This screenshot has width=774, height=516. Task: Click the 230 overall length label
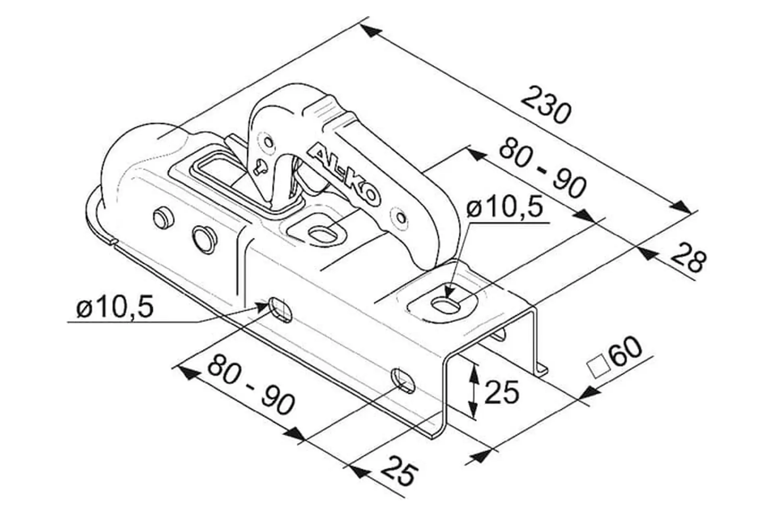(x=546, y=104)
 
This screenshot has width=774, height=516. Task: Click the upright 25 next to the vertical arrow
(x=501, y=392)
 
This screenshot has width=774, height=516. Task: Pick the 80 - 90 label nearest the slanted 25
(x=251, y=384)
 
